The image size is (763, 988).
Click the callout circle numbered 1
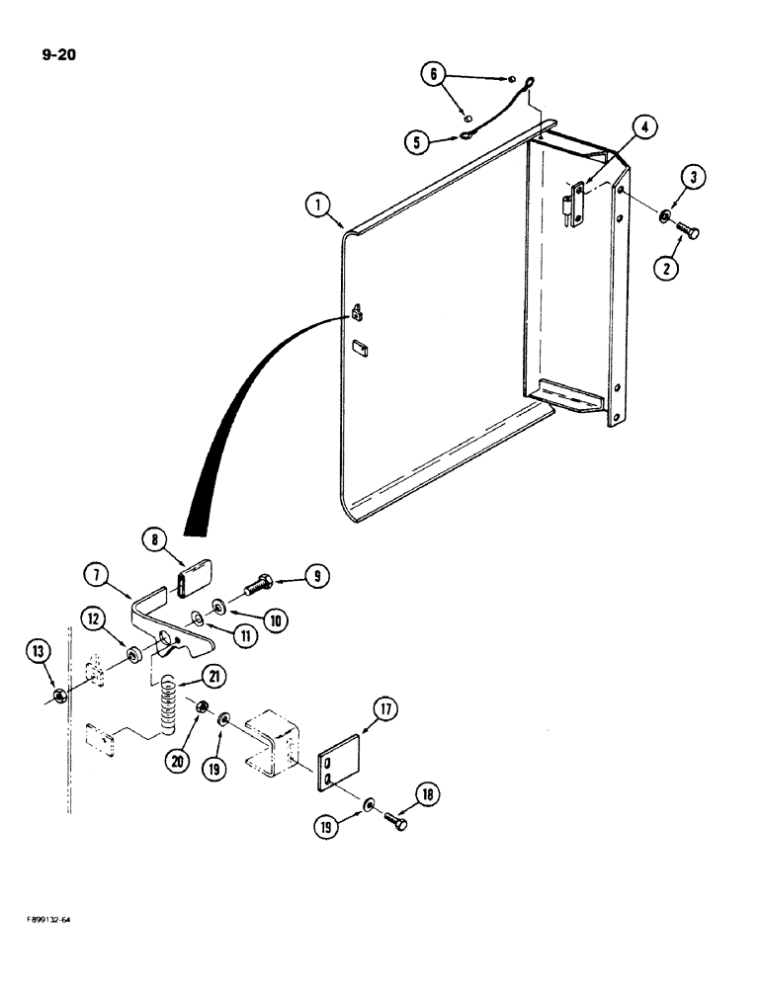click(x=316, y=206)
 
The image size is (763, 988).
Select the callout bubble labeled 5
click(x=417, y=141)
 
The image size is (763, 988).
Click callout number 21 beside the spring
click(x=212, y=676)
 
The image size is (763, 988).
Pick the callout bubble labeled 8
click(x=153, y=539)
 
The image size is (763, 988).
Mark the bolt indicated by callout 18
click(x=396, y=820)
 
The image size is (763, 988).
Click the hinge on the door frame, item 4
click(x=570, y=205)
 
